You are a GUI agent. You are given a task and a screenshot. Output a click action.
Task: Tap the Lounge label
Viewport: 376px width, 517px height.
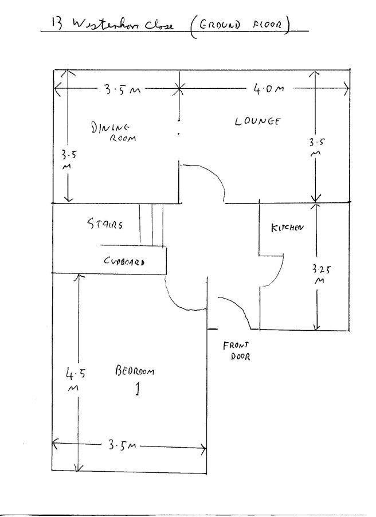click(x=257, y=121)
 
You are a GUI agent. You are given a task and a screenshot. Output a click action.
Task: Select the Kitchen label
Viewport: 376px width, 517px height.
click(x=287, y=228)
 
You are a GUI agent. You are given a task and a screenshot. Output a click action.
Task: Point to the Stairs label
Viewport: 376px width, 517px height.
click(x=105, y=225)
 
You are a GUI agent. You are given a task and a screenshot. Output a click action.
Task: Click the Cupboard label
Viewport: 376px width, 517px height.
click(x=124, y=261)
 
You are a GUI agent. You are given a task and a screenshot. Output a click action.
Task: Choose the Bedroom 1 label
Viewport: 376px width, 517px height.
click(x=135, y=379)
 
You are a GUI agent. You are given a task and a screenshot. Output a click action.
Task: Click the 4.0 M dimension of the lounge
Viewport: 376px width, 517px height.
click(x=268, y=89)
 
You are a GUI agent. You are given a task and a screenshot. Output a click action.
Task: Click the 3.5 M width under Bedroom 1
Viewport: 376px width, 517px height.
click(x=121, y=445)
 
